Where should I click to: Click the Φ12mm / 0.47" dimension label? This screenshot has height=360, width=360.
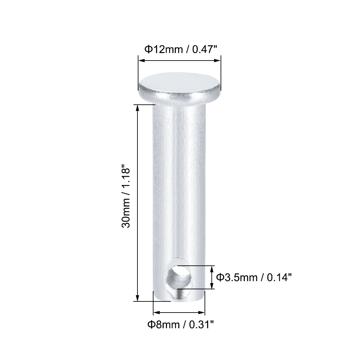tap(181, 49)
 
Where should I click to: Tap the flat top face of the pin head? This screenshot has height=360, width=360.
tap(179, 82)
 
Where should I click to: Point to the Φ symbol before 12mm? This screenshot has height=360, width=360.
tap(148, 49)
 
